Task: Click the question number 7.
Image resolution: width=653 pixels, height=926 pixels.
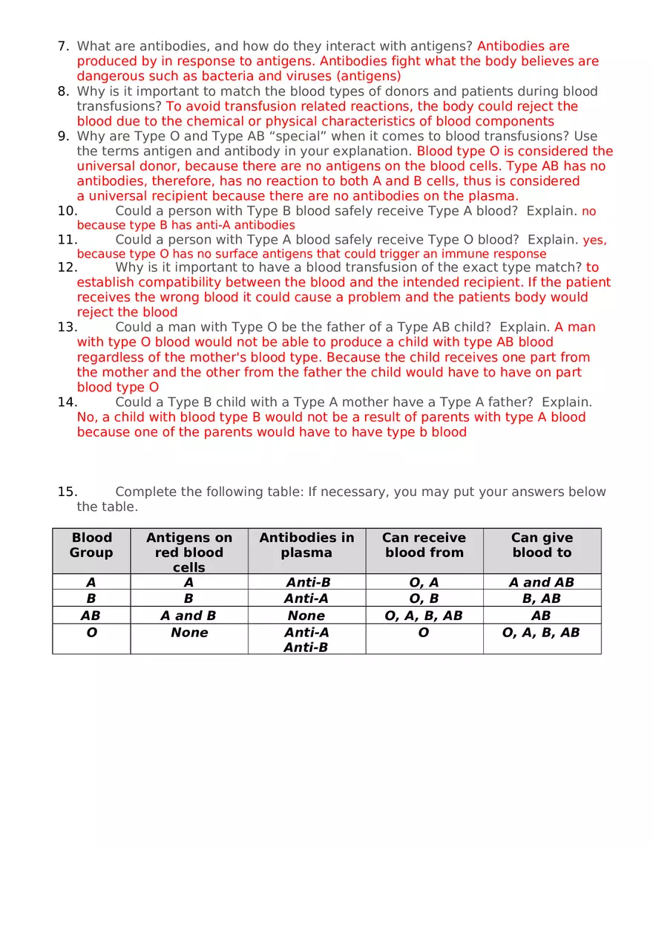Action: click(x=63, y=46)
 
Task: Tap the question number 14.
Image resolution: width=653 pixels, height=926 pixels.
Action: click(x=67, y=402)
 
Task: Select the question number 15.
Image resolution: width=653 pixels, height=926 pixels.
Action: click(x=67, y=492)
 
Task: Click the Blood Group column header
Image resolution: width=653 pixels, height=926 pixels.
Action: click(x=91, y=545)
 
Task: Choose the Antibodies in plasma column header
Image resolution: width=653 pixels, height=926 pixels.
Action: click(x=306, y=545)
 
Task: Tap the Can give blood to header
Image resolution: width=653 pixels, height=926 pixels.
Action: click(x=542, y=545)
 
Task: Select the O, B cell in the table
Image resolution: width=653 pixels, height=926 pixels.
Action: click(x=424, y=599)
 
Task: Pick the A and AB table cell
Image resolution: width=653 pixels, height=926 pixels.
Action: click(x=542, y=583)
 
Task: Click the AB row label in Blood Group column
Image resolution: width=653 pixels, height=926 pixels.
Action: click(x=91, y=616)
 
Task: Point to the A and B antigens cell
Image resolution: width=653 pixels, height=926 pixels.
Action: click(x=188, y=616)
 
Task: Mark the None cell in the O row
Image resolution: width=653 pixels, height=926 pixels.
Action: click(x=189, y=633)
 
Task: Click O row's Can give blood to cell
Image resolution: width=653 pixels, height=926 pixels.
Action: click(x=541, y=633)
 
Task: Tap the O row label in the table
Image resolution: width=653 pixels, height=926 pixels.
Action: click(x=91, y=633)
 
